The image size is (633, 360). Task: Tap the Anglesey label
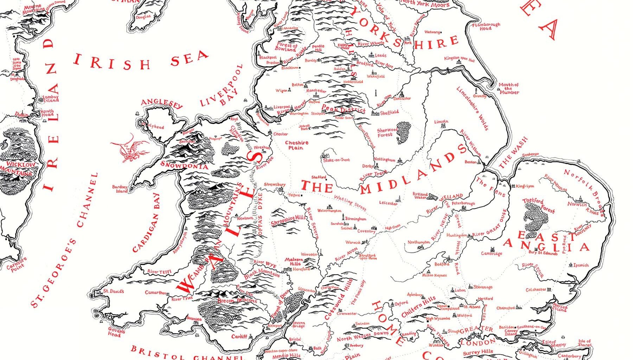pyautogui.click(x=162, y=103)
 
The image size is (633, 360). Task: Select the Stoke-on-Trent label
pyautogui.click(x=337, y=160)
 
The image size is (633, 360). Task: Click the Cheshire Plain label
pyautogui.click(x=296, y=145)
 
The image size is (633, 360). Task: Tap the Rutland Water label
pyautogui.click(x=420, y=196)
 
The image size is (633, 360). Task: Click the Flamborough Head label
pyautogui.click(x=486, y=26)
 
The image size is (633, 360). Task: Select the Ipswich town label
pyautogui.click(x=581, y=265)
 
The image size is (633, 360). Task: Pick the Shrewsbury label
pyautogui.click(x=275, y=185)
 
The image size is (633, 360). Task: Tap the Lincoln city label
pyautogui.click(x=441, y=122)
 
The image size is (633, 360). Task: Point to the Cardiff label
pyautogui.click(x=239, y=336)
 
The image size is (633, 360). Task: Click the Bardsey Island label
pyautogui.click(x=120, y=189)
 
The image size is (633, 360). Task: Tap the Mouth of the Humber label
pyautogui.click(x=509, y=88)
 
